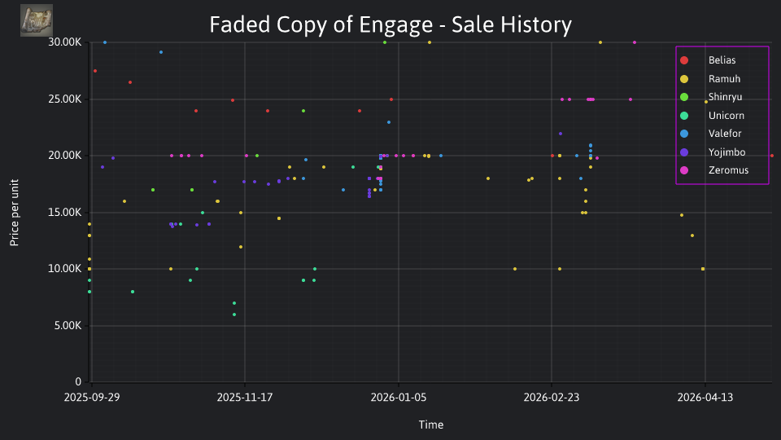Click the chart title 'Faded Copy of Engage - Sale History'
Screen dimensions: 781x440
pos(390,24)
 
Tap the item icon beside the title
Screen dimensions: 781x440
pos(37,20)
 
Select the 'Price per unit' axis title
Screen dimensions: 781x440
pos(14,213)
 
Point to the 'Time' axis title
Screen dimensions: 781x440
pos(431,425)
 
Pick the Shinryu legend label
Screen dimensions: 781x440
pos(725,97)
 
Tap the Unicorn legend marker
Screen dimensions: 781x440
pos(684,116)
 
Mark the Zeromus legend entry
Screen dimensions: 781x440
pos(714,170)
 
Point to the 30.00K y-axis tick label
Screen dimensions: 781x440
pos(65,42)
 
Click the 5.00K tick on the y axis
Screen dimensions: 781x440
pos(68,326)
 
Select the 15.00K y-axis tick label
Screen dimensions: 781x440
pos(65,213)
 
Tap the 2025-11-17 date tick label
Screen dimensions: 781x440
pos(245,398)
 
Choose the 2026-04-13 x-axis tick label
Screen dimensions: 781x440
pos(705,398)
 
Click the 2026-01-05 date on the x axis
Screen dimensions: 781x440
pos(399,398)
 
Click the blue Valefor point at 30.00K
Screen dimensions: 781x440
pos(105,42)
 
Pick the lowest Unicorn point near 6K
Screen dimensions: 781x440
pos(234,315)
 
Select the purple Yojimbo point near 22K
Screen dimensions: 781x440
pos(561,134)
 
